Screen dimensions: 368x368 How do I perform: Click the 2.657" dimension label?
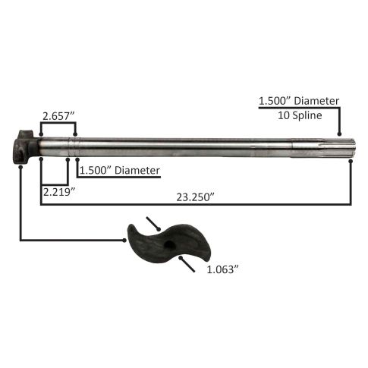[58, 116]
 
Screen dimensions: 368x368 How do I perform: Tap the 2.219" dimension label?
[59, 192]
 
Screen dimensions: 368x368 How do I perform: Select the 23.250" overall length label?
[196, 197]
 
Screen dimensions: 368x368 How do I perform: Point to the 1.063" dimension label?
[223, 269]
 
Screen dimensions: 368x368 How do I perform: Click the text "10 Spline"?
[300, 115]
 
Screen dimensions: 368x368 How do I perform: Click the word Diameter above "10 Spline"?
[316, 101]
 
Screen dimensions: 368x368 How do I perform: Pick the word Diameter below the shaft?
[137, 171]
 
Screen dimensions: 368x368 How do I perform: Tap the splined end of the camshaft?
[324, 149]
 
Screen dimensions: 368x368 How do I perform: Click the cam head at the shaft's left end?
[25, 147]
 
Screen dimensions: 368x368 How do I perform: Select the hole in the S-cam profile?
[168, 245]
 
